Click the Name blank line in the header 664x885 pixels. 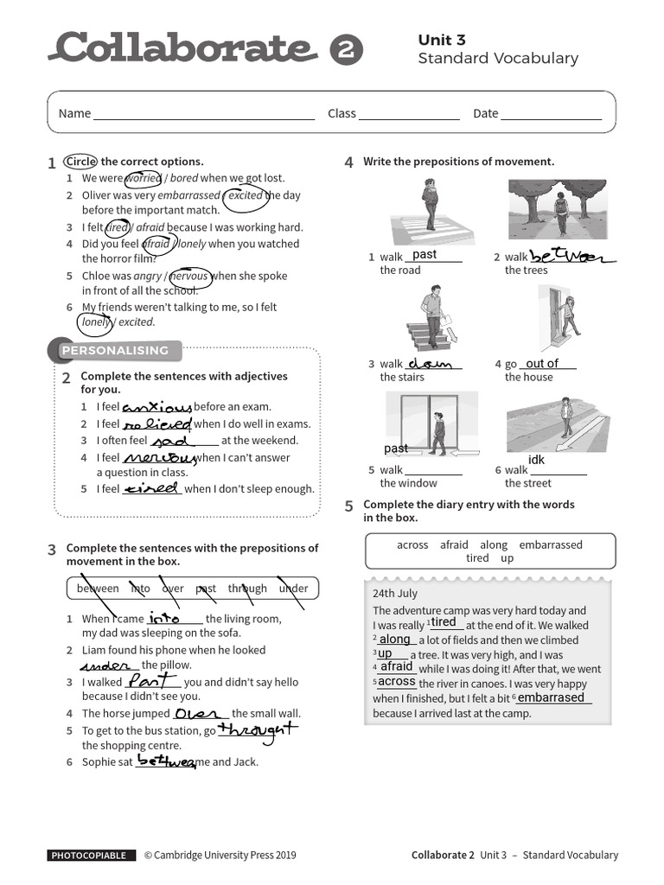[x=204, y=114]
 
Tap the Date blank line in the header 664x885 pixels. [x=551, y=114]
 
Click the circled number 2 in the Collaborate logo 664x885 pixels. [x=345, y=50]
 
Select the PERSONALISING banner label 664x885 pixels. [x=114, y=350]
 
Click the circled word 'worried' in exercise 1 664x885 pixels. [x=144, y=179]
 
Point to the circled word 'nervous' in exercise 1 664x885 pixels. [x=189, y=277]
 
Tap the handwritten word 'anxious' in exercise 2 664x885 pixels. [x=156, y=407]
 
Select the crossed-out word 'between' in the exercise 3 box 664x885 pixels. [x=98, y=589]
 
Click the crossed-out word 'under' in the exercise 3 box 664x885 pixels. [x=293, y=589]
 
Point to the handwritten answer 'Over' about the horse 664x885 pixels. [x=197, y=714]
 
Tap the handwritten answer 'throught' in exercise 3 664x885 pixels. [x=257, y=730]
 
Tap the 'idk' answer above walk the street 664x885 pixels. [x=536, y=460]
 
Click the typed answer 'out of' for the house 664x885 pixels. [x=542, y=364]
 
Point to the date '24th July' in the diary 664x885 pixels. [x=395, y=594]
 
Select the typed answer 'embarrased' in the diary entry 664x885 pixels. [x=551, y=697]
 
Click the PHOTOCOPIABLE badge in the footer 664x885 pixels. [x=92, y=856]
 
